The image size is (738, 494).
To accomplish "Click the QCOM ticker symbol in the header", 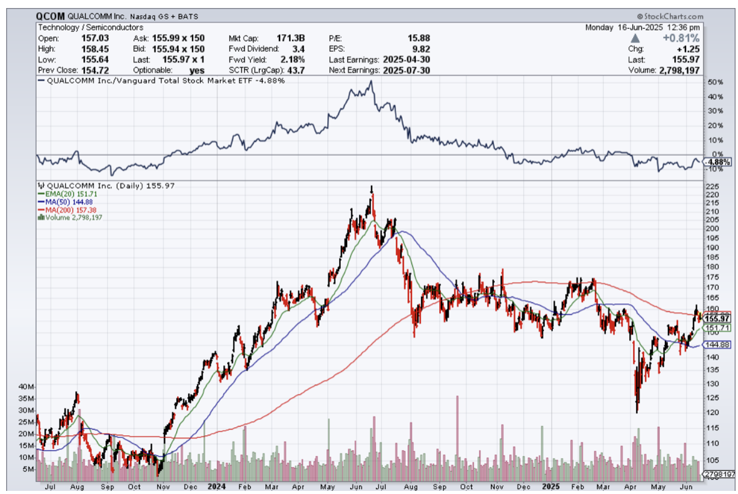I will pos(50,17).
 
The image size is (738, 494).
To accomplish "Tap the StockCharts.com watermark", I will pos(670,17).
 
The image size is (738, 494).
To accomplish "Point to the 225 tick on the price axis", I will pos(710,186).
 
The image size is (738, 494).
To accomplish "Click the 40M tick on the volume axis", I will pos(27,386).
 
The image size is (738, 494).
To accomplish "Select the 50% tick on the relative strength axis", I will pos(715,83).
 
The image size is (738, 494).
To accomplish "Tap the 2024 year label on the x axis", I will pos(217,485).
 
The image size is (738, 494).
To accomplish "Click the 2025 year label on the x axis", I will pos(551,485).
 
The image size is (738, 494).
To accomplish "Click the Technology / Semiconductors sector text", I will pos(91,28).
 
